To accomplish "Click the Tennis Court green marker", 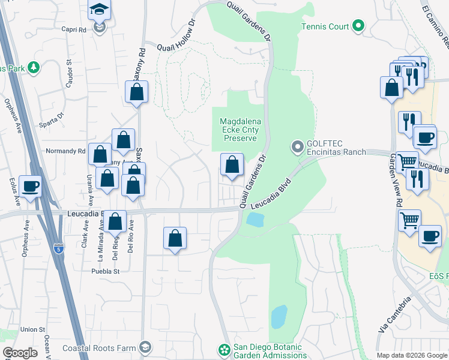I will [358, 26].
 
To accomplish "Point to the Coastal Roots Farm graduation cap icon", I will [145, 347].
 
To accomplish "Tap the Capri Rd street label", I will [74, 28].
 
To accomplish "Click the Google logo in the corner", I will [20, 353].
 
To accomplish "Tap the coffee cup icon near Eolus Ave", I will [30, 185].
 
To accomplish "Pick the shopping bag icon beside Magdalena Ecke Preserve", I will [231, 164].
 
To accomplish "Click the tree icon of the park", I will [34, 68].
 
